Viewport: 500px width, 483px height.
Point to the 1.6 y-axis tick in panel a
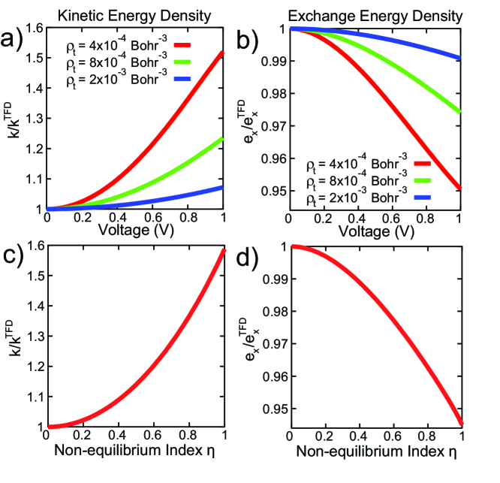click(33, 29)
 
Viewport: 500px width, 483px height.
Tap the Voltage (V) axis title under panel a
click(136, 231)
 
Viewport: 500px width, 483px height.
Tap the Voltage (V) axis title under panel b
click(375, 231)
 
